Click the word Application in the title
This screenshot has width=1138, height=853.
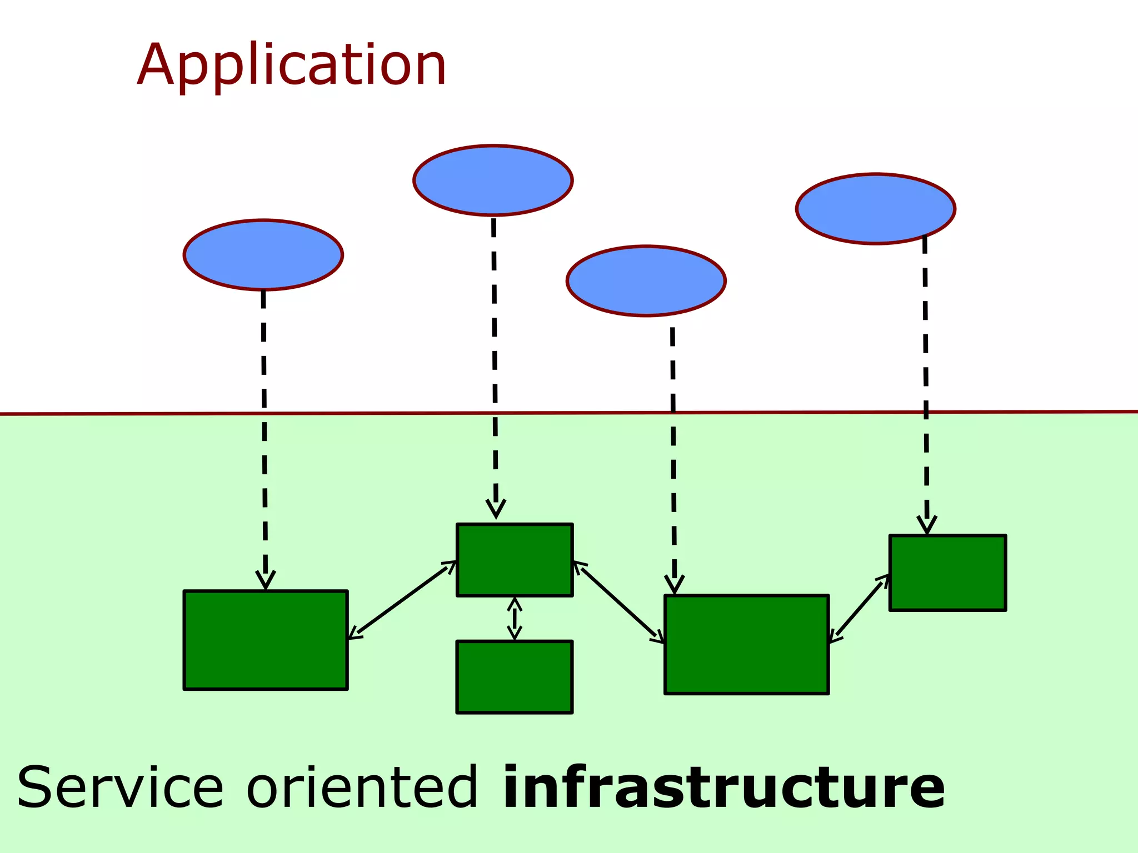[292, 66]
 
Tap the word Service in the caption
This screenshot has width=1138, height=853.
[120, 787]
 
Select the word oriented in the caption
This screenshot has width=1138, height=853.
[362, 787]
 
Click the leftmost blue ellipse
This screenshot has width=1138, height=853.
[263, 255]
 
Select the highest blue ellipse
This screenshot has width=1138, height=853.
[493, 180]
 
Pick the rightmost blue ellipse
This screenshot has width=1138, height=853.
[875, 209]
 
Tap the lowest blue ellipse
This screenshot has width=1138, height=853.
[646, 281]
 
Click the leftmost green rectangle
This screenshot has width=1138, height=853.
[266, 640]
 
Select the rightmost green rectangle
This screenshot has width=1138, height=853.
[947, 573]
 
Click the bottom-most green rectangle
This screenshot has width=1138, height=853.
[514, 677]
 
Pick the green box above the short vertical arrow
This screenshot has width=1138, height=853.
[514, 560]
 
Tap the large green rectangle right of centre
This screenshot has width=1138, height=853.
[746, 645]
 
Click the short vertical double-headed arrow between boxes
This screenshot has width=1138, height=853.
[515, 618]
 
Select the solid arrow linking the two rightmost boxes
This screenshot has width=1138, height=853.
[859, 609]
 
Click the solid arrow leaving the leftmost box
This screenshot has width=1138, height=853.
[402, 600]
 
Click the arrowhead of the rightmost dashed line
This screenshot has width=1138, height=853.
[926, 525]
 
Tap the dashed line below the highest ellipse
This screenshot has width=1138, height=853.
[495, 361]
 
